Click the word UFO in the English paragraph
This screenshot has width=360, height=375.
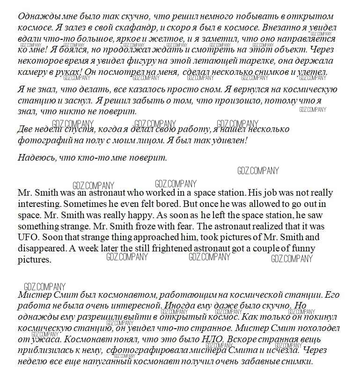click(27, 237)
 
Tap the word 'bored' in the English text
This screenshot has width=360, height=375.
click(157, 204)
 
